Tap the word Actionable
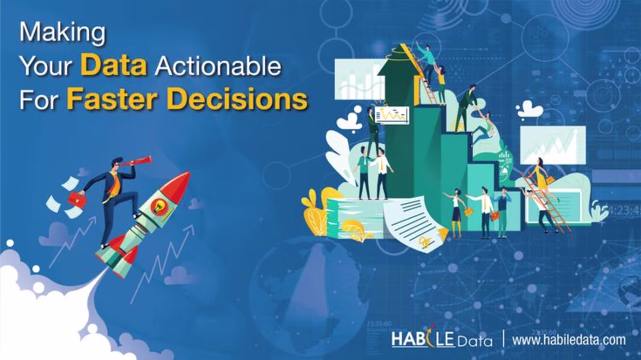click(x=218, y=66)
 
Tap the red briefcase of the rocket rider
click(x=77, y=199)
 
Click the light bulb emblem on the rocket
click(x=157, y=205)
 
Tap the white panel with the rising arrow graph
click(x=553, y=145)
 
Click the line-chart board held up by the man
click(x=392, y=115)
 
